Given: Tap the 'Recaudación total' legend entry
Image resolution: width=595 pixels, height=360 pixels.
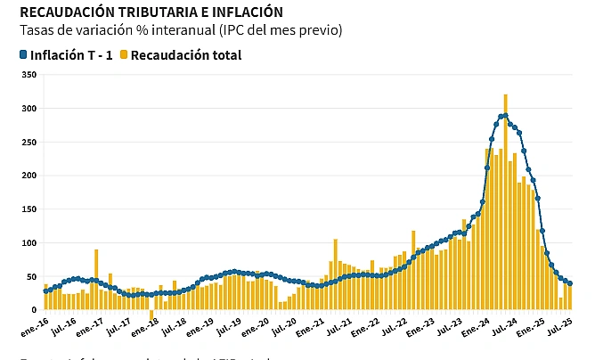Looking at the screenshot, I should pyautogui.click(x=185, y=55).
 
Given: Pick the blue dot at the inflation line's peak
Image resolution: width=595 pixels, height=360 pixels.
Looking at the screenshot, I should pyautogui.click(x=505, y=116).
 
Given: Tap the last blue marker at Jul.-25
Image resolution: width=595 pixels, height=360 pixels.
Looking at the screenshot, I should pyautogui.click(x=570, y=283).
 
